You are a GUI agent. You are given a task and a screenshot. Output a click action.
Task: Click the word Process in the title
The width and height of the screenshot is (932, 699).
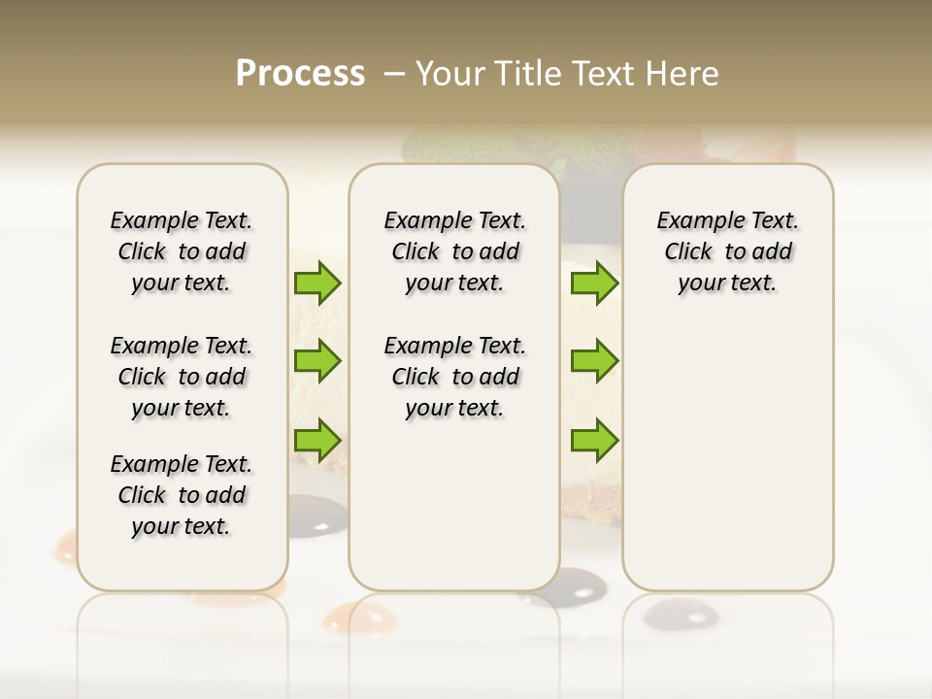pos(300,74)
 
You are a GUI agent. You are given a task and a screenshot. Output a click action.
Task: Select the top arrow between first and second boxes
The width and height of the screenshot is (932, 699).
pos(317,283)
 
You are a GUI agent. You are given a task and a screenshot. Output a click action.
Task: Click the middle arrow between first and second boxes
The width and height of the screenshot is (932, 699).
pos(317,361)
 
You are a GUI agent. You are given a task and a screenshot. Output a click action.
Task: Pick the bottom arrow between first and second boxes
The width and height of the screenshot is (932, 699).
pos(317,439)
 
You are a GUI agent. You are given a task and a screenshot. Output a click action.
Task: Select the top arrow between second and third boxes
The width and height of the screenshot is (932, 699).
pos(594,283)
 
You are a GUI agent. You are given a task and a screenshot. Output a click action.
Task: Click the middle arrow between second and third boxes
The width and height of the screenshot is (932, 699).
pos(594,361)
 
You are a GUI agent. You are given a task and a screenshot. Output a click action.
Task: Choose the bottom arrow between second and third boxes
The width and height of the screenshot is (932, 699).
pos(594,441)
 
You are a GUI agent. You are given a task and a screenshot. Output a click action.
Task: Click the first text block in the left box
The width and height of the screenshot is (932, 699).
pos(182,251)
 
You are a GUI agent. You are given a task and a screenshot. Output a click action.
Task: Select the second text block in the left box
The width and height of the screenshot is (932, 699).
pos(182,377)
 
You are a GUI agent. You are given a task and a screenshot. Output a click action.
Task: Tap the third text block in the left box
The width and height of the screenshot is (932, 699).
pos(182,495)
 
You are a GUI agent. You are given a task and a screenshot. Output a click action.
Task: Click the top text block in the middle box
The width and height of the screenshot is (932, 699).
pos(454,251)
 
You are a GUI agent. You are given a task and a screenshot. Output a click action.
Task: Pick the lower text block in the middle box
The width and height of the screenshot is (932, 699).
pos(454,377)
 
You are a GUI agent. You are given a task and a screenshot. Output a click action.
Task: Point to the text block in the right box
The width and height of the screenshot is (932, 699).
pos(727,251)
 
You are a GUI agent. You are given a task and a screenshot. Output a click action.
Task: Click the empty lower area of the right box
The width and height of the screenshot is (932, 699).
pos(727,447)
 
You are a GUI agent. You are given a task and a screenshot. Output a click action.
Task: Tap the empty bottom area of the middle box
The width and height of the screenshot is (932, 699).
pos(454,505)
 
